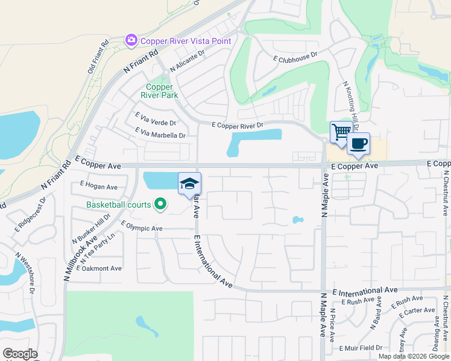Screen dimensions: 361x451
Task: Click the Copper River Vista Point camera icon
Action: pos(131,40)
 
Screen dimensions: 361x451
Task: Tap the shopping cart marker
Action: pos(341,131)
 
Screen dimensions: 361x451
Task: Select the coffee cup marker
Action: pos(358,144)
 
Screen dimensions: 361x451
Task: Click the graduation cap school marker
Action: pos(189,183)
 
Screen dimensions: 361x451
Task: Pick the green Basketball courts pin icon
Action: pos(160,205)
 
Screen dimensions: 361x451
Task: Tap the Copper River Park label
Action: pos(160,91)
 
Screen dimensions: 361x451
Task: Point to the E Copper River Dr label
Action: pos(238,125)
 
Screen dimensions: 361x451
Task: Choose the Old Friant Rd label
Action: pos(98,57)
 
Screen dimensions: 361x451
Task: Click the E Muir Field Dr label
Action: pos(361,348)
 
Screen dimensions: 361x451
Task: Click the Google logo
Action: pos(20,354)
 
